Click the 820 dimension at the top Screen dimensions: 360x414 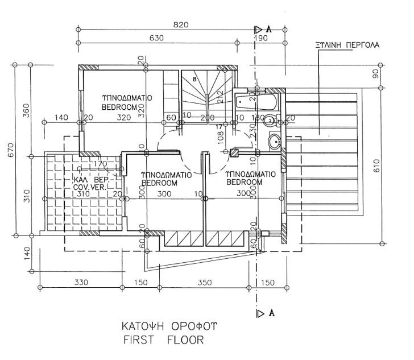(180, 24)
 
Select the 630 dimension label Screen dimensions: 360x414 (156, 38)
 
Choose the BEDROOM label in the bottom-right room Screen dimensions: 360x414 (245, 183)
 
